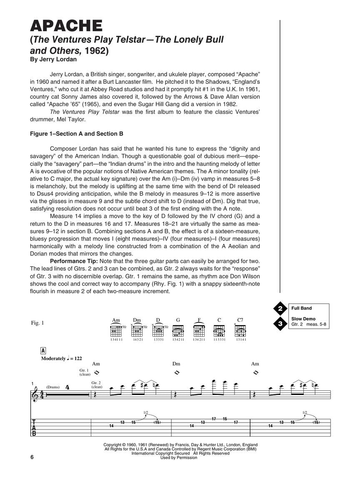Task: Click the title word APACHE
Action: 66,26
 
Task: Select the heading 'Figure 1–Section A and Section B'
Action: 77,134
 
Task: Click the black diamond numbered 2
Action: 281,309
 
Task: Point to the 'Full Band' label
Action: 302,308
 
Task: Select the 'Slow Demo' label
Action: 303,319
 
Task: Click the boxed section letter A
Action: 43,350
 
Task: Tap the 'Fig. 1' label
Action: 37,323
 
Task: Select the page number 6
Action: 32,457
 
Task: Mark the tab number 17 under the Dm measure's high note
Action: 213,419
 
